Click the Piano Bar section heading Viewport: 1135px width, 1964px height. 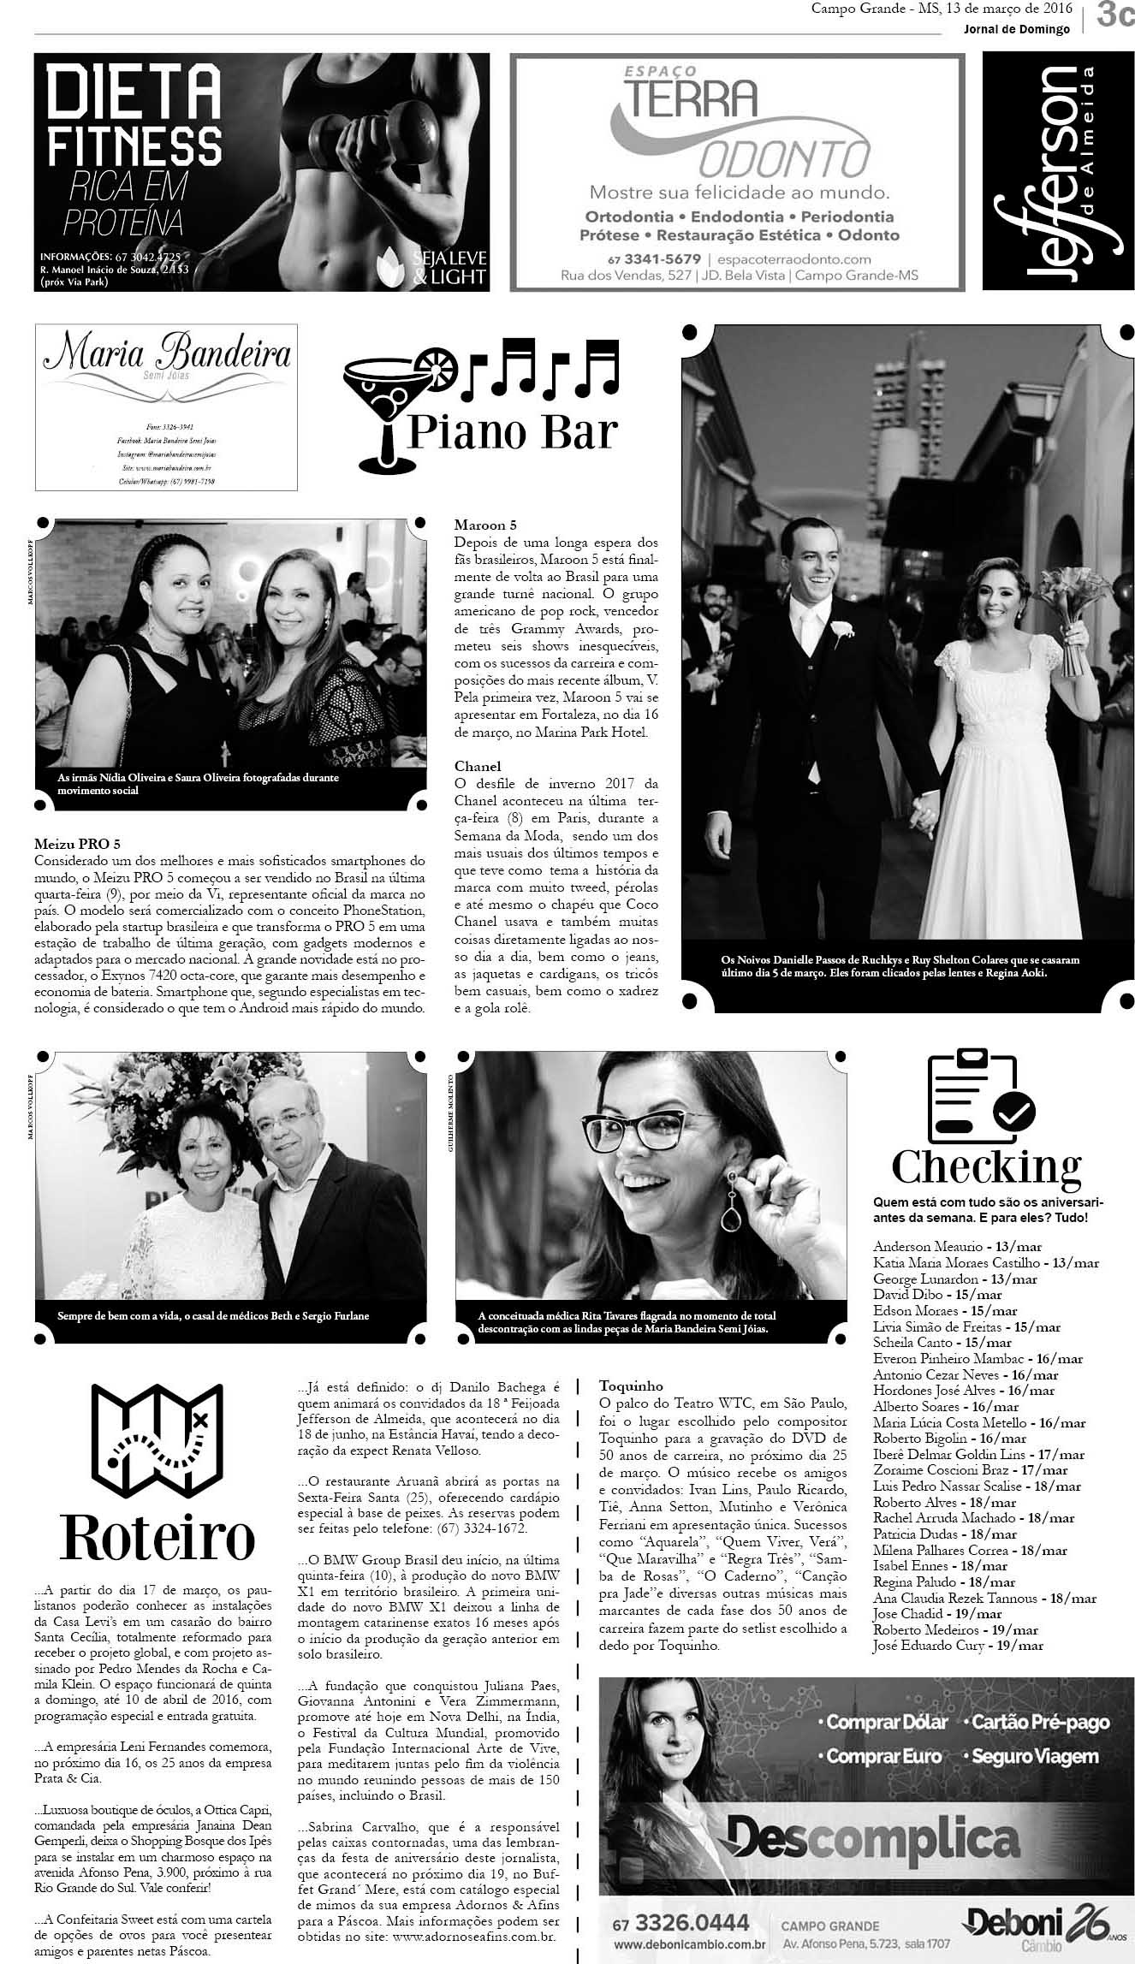click(512, 431)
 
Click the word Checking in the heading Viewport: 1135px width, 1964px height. click(986, 1166)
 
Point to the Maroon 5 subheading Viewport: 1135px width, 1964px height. click(485, 525)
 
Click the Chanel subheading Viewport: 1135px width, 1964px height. click(478, 766)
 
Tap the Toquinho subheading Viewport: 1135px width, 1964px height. click(631, 1385)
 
